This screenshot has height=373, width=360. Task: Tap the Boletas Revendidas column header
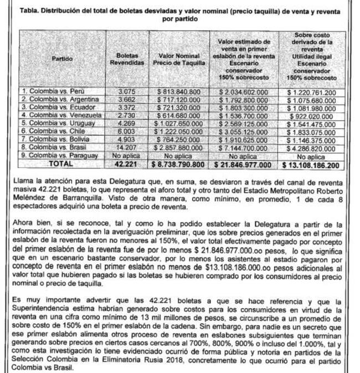(131, 59)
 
